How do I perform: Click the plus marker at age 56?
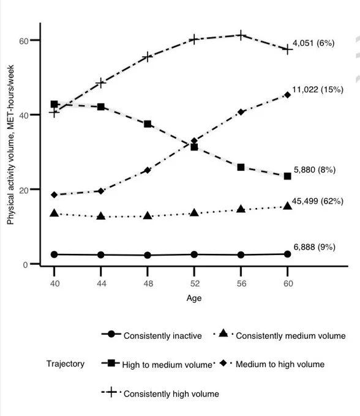coord(241,35)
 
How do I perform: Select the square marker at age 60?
coord(288,176)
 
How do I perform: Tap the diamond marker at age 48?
coord(148,170)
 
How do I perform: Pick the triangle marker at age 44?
coord(101,216)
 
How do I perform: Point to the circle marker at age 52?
coord(194,254)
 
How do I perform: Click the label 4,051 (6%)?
coord(313,43)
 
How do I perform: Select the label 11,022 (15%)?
coord(318,90)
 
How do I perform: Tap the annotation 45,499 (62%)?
coord(318,201)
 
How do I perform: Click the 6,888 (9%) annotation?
coord(314,247)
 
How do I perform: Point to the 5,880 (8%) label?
coord(315,170)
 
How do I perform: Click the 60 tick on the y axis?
coord(24,41)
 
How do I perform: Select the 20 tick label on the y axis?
coord(24,190)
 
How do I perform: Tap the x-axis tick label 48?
coord(148,284)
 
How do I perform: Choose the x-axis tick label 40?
coord(54,284)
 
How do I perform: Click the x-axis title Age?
coord(194,298)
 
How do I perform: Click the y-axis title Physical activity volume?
coord(10,145)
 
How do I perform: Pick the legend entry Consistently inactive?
coord(152,335)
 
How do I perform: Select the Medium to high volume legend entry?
coord(272,364)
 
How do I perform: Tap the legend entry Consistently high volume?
coord(160,393)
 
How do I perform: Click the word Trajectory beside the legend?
coord(66,364)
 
